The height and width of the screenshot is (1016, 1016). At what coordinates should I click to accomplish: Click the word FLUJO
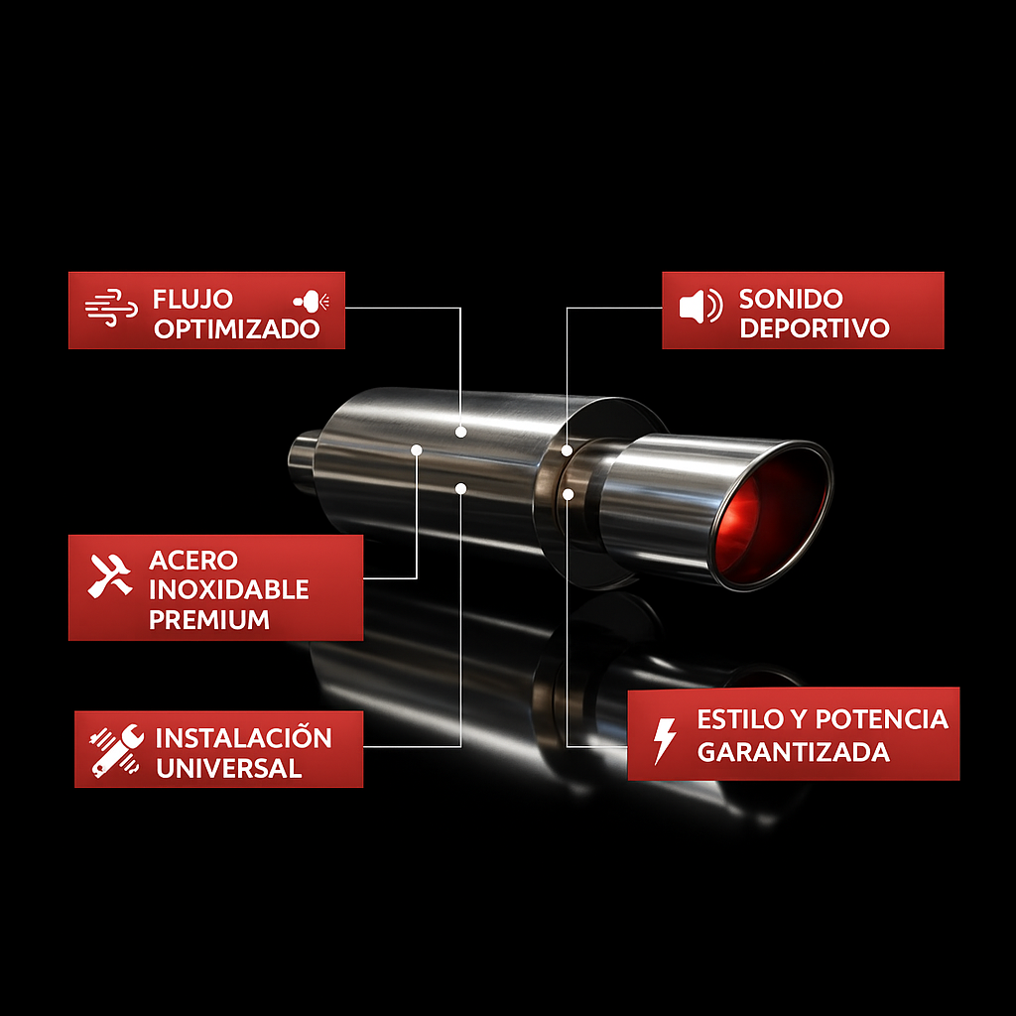coord(192,299)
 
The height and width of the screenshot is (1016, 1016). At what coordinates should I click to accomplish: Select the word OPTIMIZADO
coord(236,329)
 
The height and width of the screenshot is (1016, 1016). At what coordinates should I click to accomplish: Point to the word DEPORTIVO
coord(814,328)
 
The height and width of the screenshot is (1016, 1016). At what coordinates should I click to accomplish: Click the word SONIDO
coord(791,299)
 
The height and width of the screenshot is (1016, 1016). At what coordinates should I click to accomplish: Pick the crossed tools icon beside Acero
coord(110,575)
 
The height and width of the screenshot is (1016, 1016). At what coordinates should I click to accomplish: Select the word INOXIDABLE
coord(228,589)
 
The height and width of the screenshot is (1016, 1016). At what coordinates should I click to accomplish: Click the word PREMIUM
coord(208,620)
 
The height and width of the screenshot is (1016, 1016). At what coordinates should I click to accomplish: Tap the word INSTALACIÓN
coord(243,738)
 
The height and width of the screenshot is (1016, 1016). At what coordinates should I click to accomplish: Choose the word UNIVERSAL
coord(228,768)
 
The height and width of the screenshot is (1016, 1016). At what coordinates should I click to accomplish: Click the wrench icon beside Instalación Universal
coord(116,750)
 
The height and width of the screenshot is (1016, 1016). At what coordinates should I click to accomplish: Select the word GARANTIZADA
coord(793,752)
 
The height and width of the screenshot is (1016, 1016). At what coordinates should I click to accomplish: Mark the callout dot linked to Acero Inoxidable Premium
coord(417,449)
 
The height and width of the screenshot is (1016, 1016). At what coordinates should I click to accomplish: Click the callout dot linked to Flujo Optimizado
coord(460,432)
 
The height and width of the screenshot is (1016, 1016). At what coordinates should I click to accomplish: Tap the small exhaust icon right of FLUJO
coord(313,300)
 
